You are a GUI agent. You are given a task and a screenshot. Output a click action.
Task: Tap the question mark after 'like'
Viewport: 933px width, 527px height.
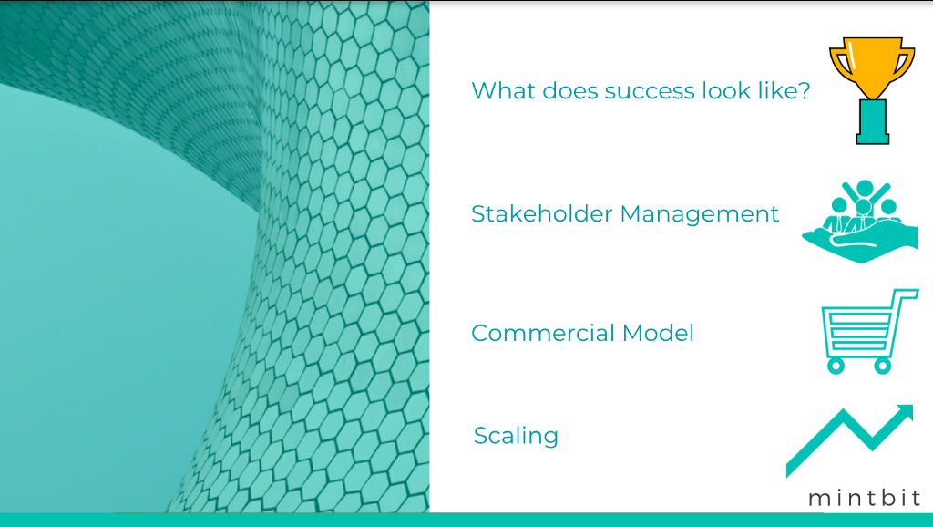coord(804,90)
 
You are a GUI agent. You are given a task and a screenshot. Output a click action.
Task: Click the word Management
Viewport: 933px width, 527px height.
coord(700,214)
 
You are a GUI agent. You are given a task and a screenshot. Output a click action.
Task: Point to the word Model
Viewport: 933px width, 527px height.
coord(658,333)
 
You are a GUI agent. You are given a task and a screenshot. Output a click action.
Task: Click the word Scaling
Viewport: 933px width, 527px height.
coord(516,436)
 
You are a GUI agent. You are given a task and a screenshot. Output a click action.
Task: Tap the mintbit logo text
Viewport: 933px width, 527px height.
coord(865,498)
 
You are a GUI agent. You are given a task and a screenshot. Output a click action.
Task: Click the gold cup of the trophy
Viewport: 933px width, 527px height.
coord(872,67)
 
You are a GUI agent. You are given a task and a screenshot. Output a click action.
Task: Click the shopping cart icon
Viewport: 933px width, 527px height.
coord(869,332)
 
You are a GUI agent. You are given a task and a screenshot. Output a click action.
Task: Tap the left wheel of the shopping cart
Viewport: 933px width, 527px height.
coord(836,365)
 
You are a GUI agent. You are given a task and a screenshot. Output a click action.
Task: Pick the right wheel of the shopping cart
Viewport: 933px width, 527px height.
coord(882,365)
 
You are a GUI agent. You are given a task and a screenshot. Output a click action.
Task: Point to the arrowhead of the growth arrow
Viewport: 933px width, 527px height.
coord(903,414)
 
